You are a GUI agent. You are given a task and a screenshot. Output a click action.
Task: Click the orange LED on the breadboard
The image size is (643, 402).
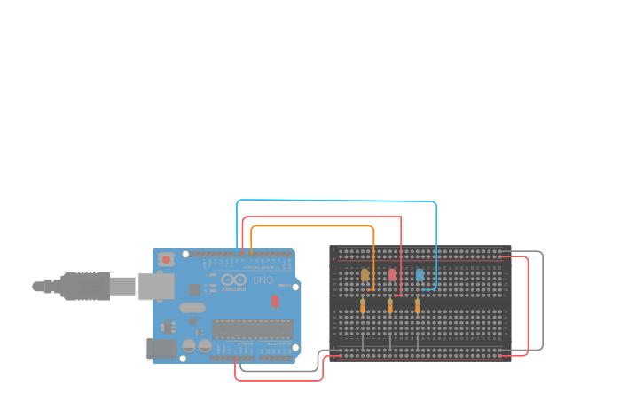pyautogui.click(x=365, y=275)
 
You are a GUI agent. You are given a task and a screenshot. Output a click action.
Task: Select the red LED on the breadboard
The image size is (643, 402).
pyautogui.click(x=392, y=275)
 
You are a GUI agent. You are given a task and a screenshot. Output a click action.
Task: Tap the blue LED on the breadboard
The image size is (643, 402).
pyautogui.click(x=420, y=275)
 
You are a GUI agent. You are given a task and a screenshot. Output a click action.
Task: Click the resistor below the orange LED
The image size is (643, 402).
pyautogui.click(x=363, y=306)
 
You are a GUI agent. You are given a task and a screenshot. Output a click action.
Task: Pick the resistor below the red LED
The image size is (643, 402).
pyautogui.click(x=390, y=306)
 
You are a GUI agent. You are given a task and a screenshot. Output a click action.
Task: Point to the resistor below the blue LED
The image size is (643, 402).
pyautogui.click(x=418, y=306)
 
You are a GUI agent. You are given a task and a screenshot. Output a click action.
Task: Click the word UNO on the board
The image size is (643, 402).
pyautogui.click(x=263, y=280)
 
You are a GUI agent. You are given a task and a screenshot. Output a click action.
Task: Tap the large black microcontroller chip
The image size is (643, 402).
pyautogui.click(x=252, y=329)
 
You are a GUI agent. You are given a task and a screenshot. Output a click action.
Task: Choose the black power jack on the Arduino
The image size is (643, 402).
pyautogui.click(x=161, y=349)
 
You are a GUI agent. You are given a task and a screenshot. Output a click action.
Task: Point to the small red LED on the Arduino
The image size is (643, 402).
pyautogui.click(x=275, y=302)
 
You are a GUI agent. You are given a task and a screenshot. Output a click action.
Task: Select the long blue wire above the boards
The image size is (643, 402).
pyautogui.click(x=337, y=201)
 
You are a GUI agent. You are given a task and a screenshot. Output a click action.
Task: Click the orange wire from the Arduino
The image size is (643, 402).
pyautogui.click(x=310, y=226)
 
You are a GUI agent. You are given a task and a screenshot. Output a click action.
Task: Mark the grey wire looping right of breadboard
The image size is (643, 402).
pyautogui.click(x=542, y=302)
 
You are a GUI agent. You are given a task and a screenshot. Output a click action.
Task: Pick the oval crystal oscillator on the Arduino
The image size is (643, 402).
pyautogui.click(x=191, y=308)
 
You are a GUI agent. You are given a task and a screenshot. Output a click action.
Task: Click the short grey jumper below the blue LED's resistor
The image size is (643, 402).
pyautogui.click(x=418, y=339)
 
